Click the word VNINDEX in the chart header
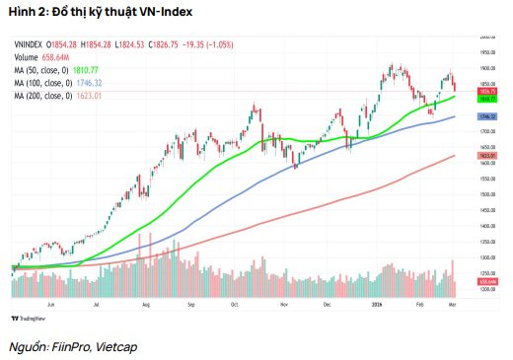28,47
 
